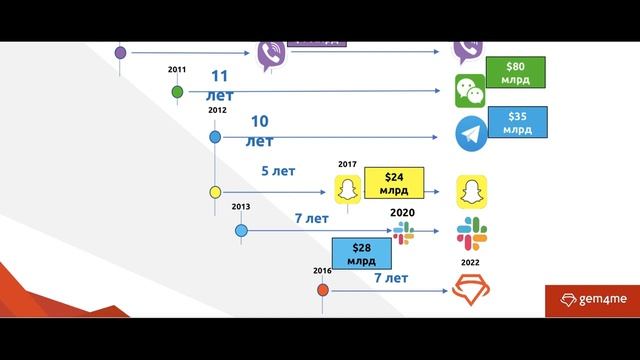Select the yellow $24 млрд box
394,183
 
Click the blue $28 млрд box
362,254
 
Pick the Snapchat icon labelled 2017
347,190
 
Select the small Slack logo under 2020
403,232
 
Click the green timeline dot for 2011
178,92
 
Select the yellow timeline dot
215,191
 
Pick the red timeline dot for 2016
323,291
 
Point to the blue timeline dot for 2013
241,230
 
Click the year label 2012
218,110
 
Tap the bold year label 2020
402,213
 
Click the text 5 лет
278,171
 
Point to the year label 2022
470,264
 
